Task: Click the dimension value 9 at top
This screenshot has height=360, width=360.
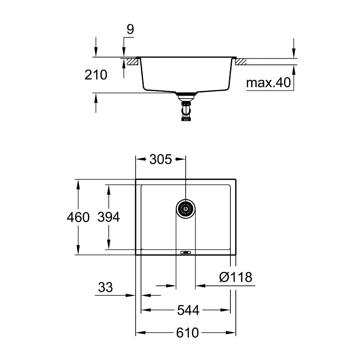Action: coord(130,30)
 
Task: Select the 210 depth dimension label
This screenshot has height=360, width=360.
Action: coord(96,75)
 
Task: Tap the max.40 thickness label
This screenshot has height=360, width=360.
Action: coord(268,83)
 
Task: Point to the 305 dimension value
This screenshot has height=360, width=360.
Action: coord(160,159)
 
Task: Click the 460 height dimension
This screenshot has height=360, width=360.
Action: coord(78,217)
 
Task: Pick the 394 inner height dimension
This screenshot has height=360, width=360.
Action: coord(108,217)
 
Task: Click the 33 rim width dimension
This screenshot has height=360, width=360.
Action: coord(105,287)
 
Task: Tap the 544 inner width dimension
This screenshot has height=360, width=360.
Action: coord(188,310)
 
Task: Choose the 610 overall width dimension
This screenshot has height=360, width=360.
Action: coord(188,333)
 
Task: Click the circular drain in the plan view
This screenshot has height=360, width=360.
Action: coord(186,208)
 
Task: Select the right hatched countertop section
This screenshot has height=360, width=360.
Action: coord(241,62)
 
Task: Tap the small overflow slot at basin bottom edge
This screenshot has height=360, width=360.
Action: coord(186,252)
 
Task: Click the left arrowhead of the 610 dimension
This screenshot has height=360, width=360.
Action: coord(139,333)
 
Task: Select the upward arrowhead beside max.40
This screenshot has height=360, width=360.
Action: coord(294,69)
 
